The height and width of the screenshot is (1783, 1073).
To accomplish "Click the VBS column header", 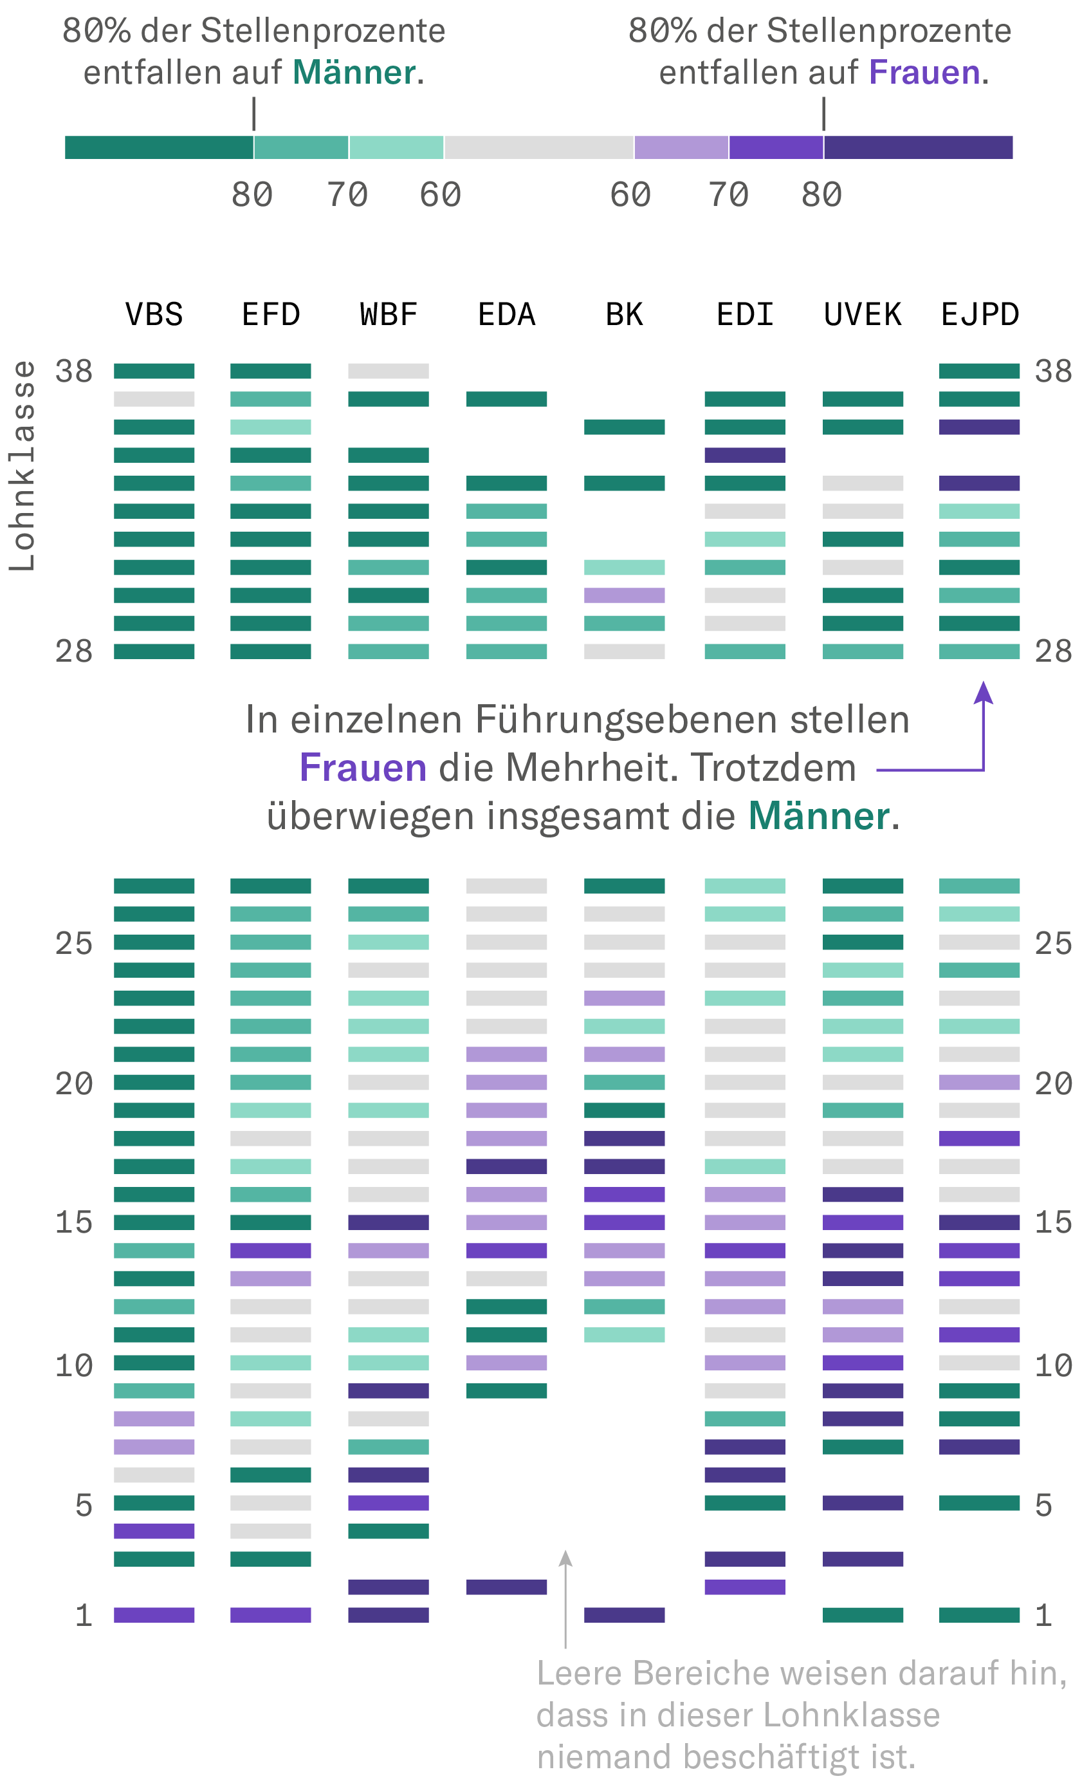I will tap(154, 315).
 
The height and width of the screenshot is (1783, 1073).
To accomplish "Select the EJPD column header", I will tap(980, 315).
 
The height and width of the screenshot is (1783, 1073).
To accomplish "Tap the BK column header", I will tap(624, 315).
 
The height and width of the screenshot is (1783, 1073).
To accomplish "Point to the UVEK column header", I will tap(863, 315).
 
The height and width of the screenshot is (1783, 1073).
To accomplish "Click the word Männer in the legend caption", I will tap(354, 72).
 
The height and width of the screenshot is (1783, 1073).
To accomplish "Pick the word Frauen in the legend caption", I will tap(924, 72).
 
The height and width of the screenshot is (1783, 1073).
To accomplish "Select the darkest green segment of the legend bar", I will tap(159, 147).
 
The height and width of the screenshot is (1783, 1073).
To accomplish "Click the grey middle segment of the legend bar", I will tap(538, 147).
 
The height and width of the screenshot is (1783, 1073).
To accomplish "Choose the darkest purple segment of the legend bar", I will tap(918, 147).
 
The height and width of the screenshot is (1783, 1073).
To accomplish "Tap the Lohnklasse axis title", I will tap(22, 466).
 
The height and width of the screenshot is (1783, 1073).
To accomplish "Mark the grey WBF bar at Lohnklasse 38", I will tap(389, 371).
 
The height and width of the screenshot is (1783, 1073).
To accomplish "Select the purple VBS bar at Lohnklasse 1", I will tap(154, 1614).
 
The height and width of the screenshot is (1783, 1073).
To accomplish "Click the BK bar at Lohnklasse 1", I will tap(624, 1614).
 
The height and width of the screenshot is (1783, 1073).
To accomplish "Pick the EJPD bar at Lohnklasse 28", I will tap(979, 651).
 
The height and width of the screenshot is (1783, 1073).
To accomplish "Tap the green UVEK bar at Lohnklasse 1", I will tap(863, 1614).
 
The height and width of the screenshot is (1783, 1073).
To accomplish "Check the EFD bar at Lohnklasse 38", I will tap(270, 371).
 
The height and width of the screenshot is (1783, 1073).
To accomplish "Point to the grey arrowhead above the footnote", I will tap(565, 1559).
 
